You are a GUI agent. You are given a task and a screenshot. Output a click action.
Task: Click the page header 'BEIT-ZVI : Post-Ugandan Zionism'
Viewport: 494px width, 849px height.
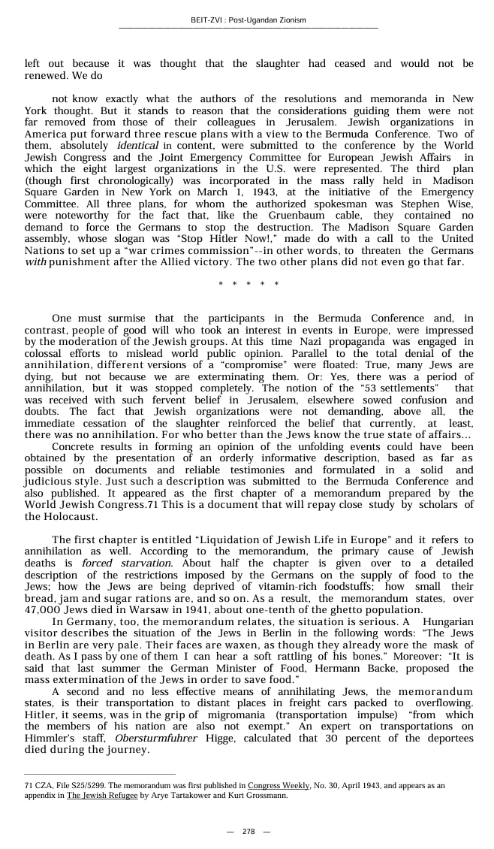pyautogui.click(x=248, y=20)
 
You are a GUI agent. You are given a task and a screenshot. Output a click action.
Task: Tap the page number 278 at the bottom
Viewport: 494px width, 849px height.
pyautogui.click(x=248, y=831)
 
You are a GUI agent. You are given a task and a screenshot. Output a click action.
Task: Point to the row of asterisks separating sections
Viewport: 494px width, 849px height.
pyautogui.click(x=248, y=284)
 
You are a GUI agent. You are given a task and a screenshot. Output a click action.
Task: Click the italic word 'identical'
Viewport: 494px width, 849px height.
pyautogui.click(x=137, y=145)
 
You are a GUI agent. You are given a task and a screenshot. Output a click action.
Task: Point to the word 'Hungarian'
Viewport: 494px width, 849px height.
pyautogui.click(x=448, y=621)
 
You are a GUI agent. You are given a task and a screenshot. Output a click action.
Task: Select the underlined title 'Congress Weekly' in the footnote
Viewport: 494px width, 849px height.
pyautogui.click(x=279, y=785)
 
